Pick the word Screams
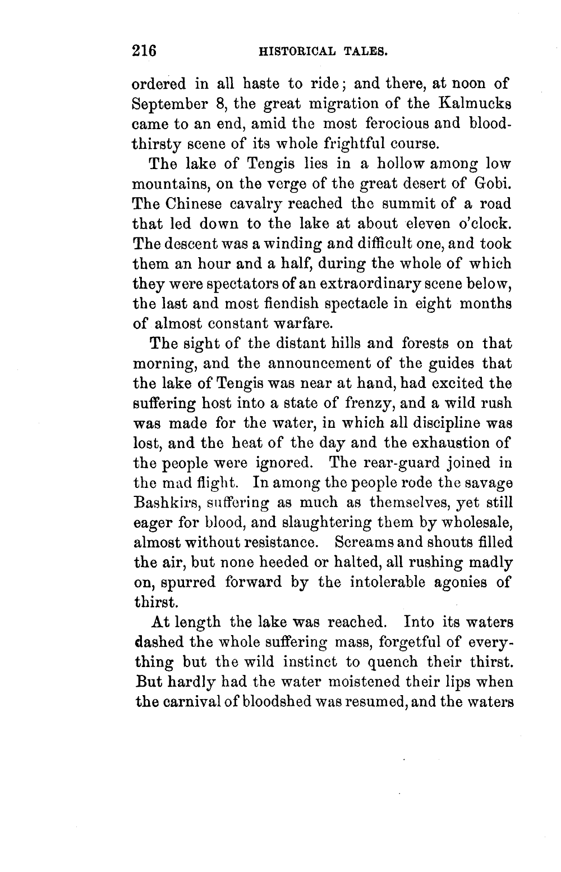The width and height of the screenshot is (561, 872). tap(364, 543)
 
